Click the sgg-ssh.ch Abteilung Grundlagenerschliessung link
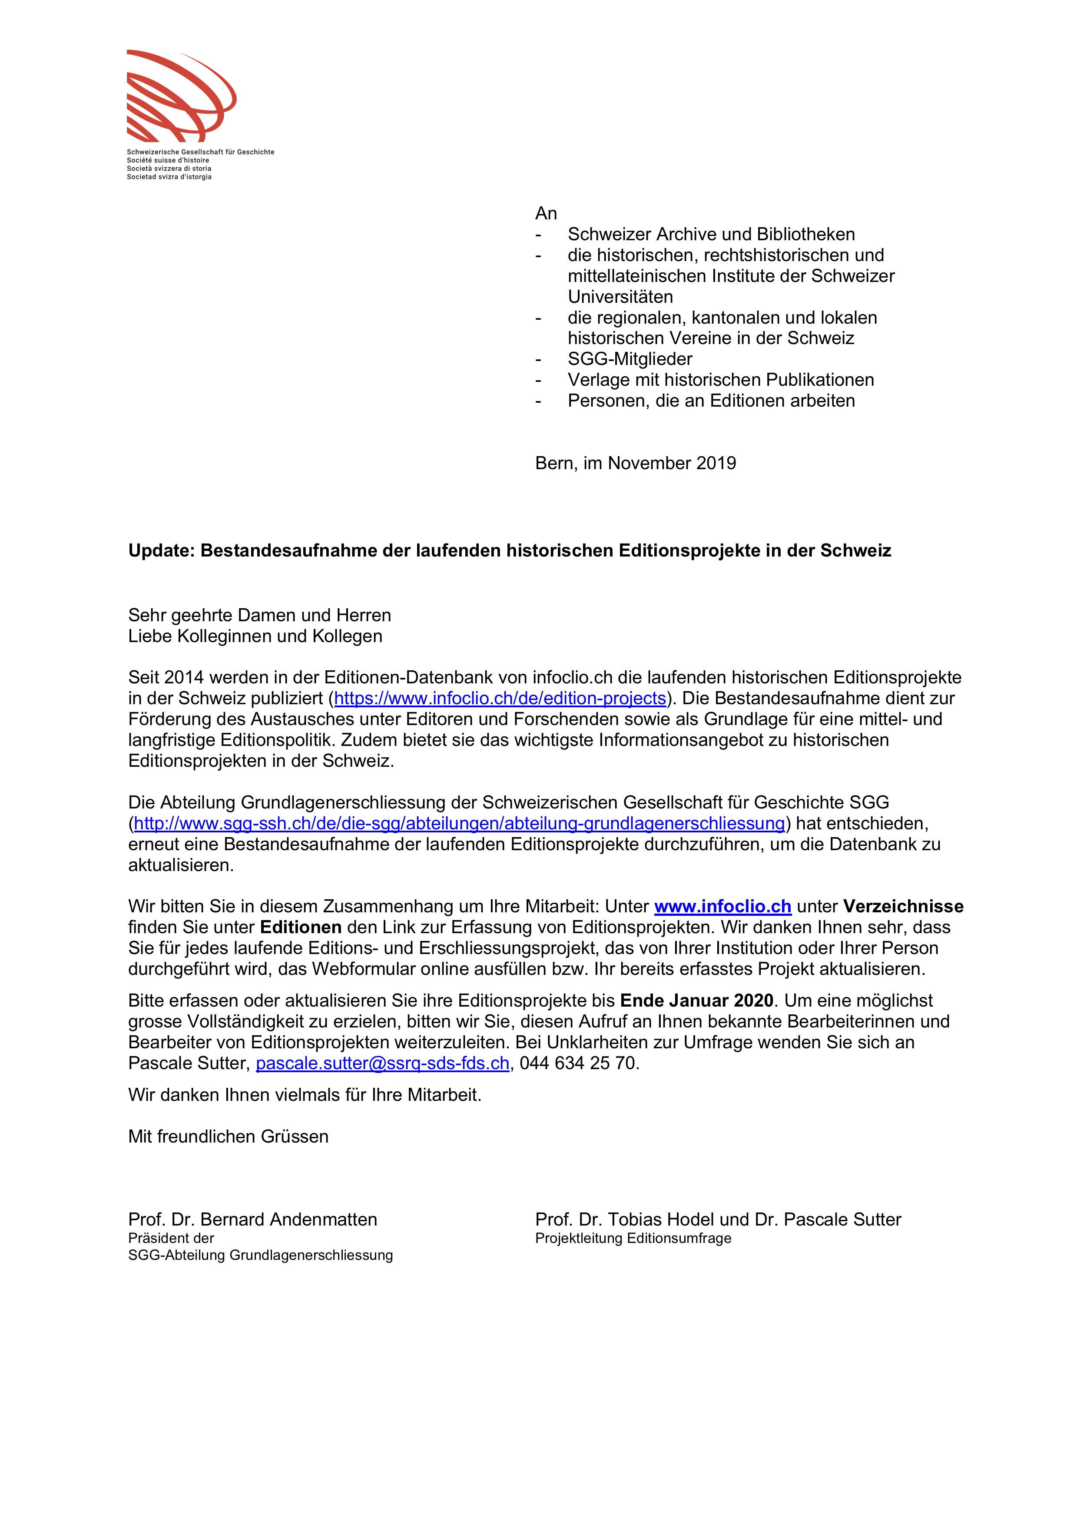(x=459, y=824)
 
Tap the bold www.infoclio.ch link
(x=722, y=907)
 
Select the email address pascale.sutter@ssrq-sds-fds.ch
(x=382, y=1063)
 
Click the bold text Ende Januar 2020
(x=697, y=1001)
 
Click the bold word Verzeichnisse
(x=903, y=907)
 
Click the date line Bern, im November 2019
(x=635, y=463)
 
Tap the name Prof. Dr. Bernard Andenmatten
(x=252, y=1219)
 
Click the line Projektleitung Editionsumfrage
(x=633, y=1239)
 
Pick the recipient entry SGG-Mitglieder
(x=630, y=359)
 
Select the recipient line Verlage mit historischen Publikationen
(x=721, y=380)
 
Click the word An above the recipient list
(x=546, y=214)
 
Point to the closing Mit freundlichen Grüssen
(x=228, y=1136)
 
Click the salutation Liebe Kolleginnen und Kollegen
(x=255, y=636)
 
